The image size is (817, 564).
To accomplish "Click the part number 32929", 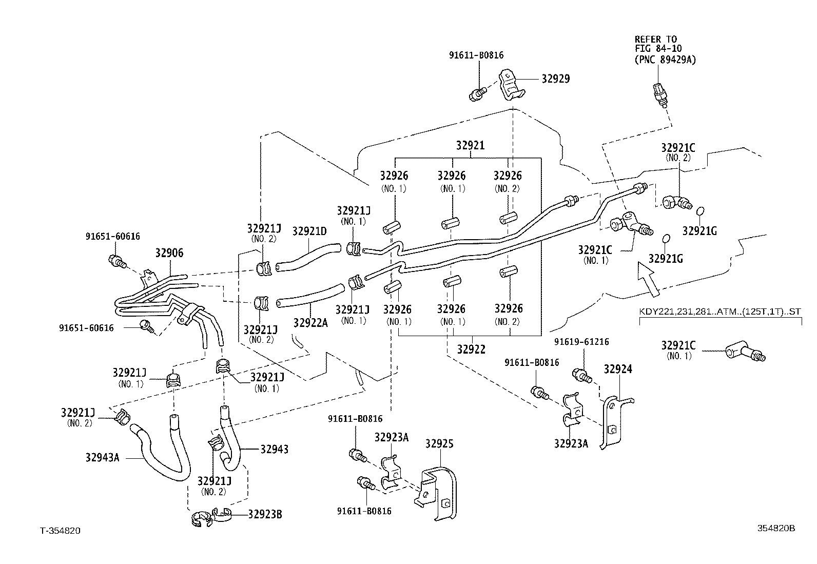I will click(x=555, y=79).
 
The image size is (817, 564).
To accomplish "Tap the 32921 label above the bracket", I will click(x=470, y=145).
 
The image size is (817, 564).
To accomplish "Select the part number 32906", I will click(x=169, y=253).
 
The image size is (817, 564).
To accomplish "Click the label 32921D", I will click(x=309, y=231).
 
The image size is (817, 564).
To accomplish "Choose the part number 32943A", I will click(x=102, y=457).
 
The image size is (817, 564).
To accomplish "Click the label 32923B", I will click(x=265, y=514).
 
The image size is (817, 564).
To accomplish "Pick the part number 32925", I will click(x=439, y=444).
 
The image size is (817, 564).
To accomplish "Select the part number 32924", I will click(x=618, y=369).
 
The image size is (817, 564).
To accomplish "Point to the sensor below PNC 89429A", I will click(x=660, y=94).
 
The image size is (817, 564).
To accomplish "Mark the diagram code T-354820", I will click(x=60, y=530).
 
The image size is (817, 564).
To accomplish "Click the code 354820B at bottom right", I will click(x=776, y=528).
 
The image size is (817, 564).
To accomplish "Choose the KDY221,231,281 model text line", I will click(x=720, y=312).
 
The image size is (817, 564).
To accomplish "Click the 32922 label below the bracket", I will click(x=471, y=349).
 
